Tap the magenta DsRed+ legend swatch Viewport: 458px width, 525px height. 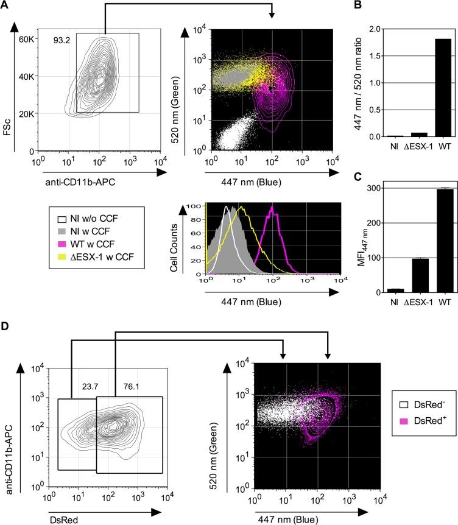click(403, 403)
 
